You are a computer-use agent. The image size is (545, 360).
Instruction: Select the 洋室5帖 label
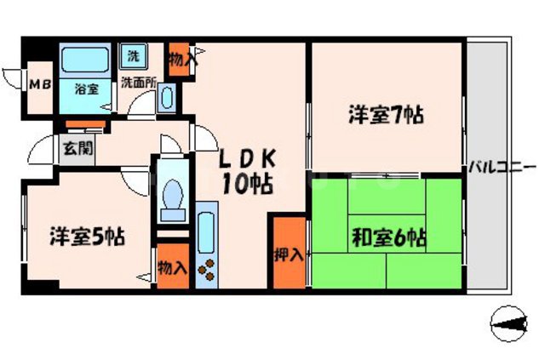(x=87, y=236)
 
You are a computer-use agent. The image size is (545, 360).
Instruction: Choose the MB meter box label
(x=39, y=85)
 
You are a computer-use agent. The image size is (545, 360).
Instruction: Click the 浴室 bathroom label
(x=84, y=88)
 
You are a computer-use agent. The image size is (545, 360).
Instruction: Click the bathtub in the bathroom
(x=84, y=61)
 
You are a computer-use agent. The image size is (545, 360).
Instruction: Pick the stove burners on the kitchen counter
(x=208, y=271)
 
